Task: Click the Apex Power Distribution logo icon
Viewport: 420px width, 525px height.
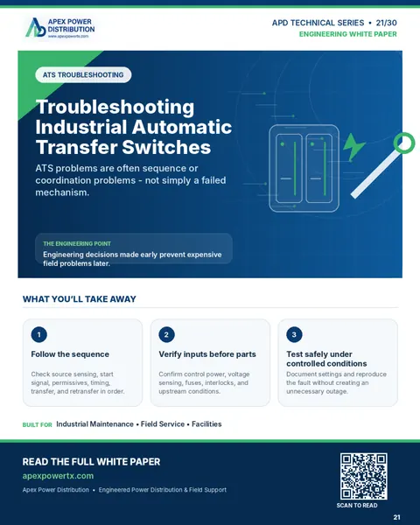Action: coord(36,27)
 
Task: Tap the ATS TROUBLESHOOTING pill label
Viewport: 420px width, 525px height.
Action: coord(83,74)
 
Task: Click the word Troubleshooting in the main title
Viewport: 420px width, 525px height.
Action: coord(115,108)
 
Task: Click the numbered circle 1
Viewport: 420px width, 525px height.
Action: coord(38,334)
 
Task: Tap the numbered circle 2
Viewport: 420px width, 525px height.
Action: coord(166,334)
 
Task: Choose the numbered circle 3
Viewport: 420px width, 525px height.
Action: coord(294,334)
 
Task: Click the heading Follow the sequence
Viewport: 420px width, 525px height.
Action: coord(70,354)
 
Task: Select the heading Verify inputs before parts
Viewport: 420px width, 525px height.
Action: coord(207,354)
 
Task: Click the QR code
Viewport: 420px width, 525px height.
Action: coord(364,476)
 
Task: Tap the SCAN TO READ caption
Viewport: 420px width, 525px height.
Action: coord(357,505)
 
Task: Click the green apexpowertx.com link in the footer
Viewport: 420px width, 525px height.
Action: coord(58,476)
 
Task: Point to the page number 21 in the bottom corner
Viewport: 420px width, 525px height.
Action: coord(396,517)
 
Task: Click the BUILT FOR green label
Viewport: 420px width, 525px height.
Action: coord(37,425)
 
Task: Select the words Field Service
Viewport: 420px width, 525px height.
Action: coord(163,424)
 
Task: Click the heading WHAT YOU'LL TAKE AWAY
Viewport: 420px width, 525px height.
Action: coord(80,299)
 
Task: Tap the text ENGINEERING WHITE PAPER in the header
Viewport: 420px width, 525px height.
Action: coord(348,34)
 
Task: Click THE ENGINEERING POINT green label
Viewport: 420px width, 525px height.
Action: coord(77,244)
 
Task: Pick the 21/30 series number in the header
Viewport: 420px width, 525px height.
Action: coord(387,23)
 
